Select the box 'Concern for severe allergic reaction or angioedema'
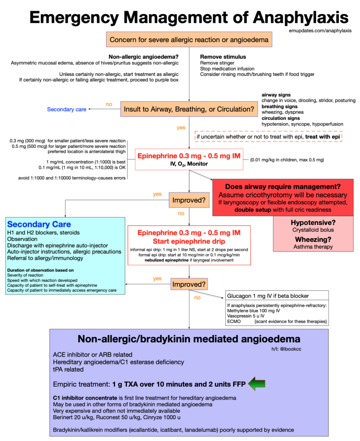[x=189, y=40]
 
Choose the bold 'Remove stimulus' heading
[x=223, y=56]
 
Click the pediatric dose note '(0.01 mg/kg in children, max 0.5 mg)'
[x=287, y=160]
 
